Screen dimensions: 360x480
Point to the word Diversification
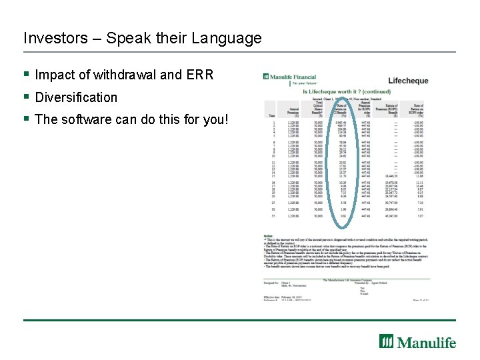pyautogui.click(x=76, y=97)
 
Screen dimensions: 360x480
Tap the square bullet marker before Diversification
pyautogui.click(x=27, y=97)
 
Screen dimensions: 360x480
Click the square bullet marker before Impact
pyautogui.click(x=27, y=74)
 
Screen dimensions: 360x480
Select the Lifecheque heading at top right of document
pyautogui.click(x=408, y=81)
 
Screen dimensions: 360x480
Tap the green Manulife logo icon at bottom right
pyautogui.click(x=387, y=341)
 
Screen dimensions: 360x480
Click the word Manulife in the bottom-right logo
pyautogui.click(x=427, y=342)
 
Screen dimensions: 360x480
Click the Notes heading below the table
pyautogui.click(x=268, y=235)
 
